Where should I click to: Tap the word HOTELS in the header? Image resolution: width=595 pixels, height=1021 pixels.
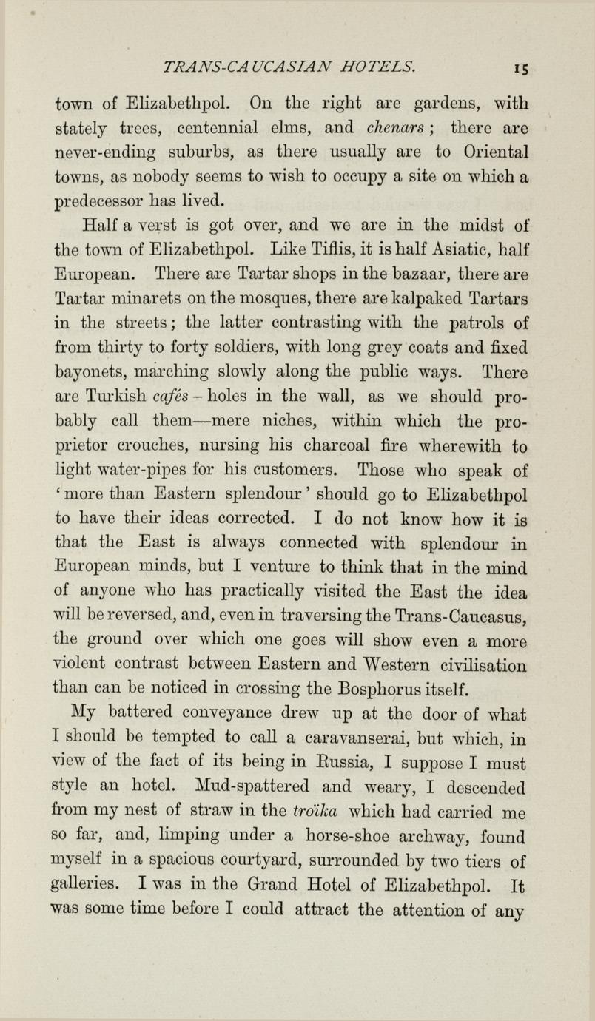click(378, 67)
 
